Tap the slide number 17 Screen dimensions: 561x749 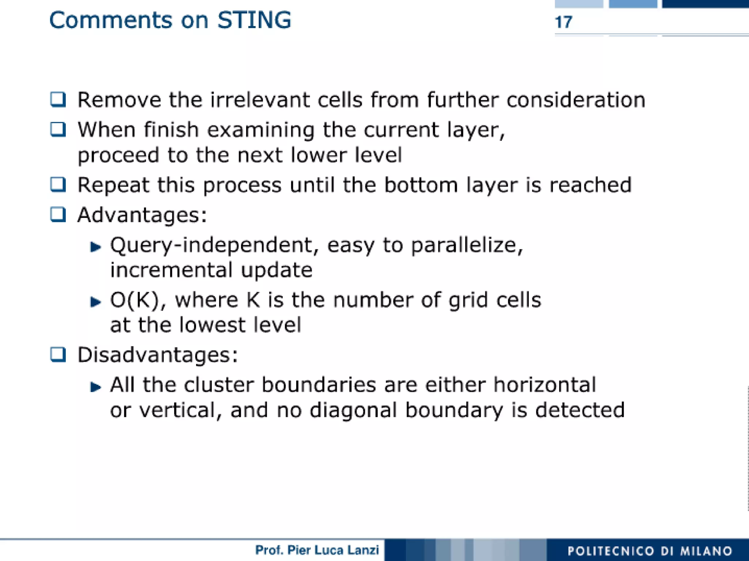pyautogui.click(x=563, y=22)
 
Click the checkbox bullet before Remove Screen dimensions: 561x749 pyautogui.click(x=58, y=99)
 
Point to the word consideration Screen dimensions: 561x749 pyautogui.click(x=576, y=100)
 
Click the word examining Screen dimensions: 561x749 pyautogui.click(x=260, y=130)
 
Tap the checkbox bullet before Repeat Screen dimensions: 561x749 pyautogui.click(x=58, y=185)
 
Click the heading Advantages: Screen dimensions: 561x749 pyautogui.click(x=142, y=215)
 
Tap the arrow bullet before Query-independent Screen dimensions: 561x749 pyautogui.click(x=95, y=247)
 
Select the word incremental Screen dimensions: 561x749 pyautogui.click(x=171, y=270)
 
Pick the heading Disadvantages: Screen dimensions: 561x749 pyautogui.click(x=158, y=355)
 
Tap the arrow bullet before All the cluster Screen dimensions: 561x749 pyautogui.click(x=95, y=387)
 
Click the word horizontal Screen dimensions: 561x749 pyautogui.click(x=545, y=385)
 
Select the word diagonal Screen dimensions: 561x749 pyautogui.click(x=353, y=410)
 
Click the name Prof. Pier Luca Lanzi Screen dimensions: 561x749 pyautogui.click(x=317, y=550)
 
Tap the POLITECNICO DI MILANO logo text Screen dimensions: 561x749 pyautogui.click(x=650, y=551)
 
